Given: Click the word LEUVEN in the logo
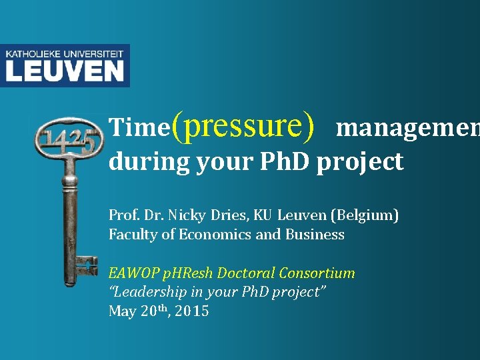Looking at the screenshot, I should tap(65, 70).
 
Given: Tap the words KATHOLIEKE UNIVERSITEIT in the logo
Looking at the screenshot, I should tap(65, 52).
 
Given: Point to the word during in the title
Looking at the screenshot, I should tap(149, 162).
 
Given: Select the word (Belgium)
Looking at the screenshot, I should tap(366, 216).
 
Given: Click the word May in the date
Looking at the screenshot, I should tap(123, 311).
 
